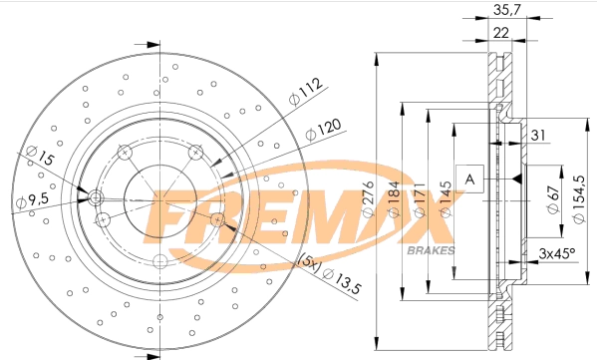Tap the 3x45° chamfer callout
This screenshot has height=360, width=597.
pyautogui.click(x=555, y=253)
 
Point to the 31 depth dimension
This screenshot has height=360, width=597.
pyautogui.click(x=539, y=136)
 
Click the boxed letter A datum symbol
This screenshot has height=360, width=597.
pyautogui.click(x=469, y=179)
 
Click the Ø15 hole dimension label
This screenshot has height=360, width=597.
pyautogui.click(x=39, y=157)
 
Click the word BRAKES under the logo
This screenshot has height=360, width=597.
pyautogui.click(x=432, y=248)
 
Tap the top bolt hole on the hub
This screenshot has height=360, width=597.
pyautogui.click(x=125, y=152)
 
